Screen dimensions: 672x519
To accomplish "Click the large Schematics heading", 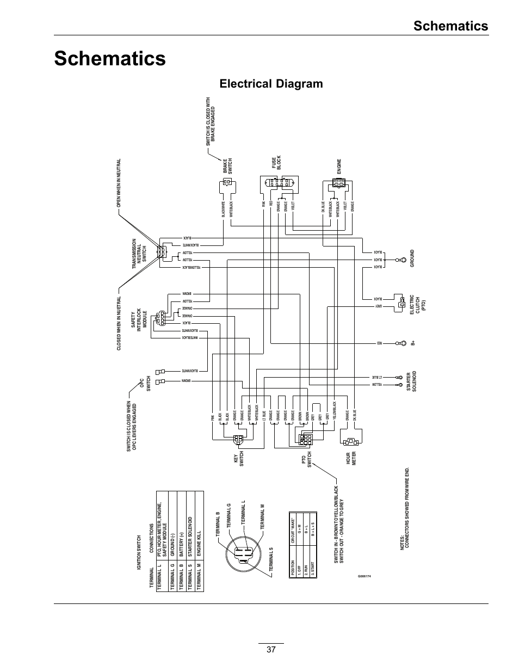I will pos(110,58).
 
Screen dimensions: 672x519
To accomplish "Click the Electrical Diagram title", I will pos(271,84).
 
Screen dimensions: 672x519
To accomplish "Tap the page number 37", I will pos(271,650).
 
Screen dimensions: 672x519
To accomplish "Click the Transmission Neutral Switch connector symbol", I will pos(162,253).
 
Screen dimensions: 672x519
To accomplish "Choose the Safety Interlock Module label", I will pos(138,318).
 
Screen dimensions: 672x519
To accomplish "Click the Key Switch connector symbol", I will pos(238,440).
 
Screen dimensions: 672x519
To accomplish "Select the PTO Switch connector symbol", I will pos(305,439).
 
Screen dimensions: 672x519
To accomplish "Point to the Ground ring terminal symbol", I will pos(401,261).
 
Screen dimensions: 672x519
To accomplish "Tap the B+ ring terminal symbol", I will pos(403,343).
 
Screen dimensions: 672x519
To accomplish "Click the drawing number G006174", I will pos(368,576).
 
